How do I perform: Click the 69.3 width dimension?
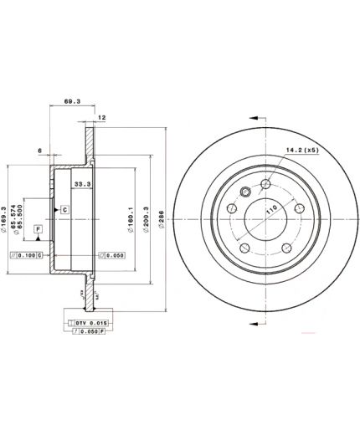tap(71, 102)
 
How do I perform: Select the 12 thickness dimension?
tap(101, 118)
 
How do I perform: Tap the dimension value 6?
tap(39, 151)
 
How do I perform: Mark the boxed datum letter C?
tap(64, 208)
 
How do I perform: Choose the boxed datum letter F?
tap(38, 228)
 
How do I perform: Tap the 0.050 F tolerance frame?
tap(87, 332)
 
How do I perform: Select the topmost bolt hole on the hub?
tap(265, 185)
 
